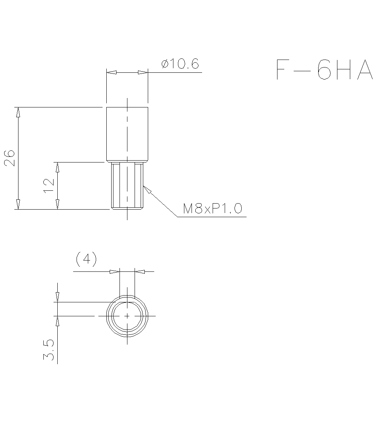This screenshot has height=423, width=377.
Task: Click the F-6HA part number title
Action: click(x=324, y=70)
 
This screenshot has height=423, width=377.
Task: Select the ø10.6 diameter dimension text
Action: click(x=180, y=64)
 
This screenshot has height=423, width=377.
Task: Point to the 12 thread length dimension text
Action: click(x=49, y=185)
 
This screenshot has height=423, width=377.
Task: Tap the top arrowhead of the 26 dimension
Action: click(x=18, y=112)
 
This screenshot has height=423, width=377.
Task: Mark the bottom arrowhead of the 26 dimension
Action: click(x=18, y=204)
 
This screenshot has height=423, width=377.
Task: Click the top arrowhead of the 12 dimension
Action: click(x=57, y=167)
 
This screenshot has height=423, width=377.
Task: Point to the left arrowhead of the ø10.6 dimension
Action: click(x=111, y=72)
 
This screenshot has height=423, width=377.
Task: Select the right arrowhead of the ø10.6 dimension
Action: click(x=143, y=72)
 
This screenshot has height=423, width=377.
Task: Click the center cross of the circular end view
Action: click(x=127, y=316)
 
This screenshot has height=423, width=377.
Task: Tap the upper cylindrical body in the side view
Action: click(x=127, y=134)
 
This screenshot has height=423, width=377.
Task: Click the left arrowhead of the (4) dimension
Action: click(x=115, y=271)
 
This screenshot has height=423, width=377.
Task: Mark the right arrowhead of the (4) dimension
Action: click(x=139, y=271)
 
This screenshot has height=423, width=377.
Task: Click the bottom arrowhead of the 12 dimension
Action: click(x=57, y=204)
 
